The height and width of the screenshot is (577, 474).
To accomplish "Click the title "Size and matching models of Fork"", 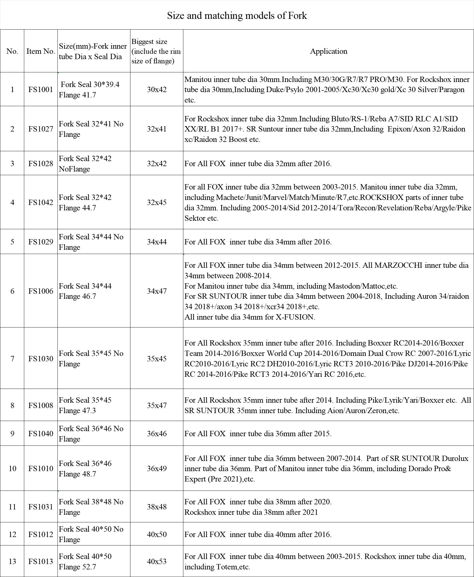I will click(x=237, y=15).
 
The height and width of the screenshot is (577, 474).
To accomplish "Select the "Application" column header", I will click(x=328, y=51).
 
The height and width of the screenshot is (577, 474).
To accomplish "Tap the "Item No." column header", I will click(x=41, y=51).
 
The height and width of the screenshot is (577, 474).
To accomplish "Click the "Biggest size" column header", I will click(x=156, y=51).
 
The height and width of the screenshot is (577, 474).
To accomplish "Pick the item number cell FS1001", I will click(x=41, y=90).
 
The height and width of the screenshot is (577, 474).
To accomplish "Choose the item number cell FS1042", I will click(x=41, y=202).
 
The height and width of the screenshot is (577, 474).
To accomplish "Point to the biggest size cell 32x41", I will click(x=157, y=129).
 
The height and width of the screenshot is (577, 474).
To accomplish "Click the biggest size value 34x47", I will click(x=157, y=291).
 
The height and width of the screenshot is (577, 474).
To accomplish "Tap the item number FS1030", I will click(x=41, y=358).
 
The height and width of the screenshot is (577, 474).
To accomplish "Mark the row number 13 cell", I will click(x=12, y=562).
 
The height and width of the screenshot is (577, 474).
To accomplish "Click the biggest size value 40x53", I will click(x=157, y=562).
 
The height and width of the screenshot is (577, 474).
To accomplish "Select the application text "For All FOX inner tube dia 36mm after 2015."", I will click(x=258, y=434).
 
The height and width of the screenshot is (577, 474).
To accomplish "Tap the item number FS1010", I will click(x=41, y=469).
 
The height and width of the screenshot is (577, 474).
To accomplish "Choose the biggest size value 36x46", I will click(x=157, y=434).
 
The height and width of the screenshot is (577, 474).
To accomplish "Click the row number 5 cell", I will click(x=12, y=242).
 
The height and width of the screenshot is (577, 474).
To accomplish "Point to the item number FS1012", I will click(x=41, y=534).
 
